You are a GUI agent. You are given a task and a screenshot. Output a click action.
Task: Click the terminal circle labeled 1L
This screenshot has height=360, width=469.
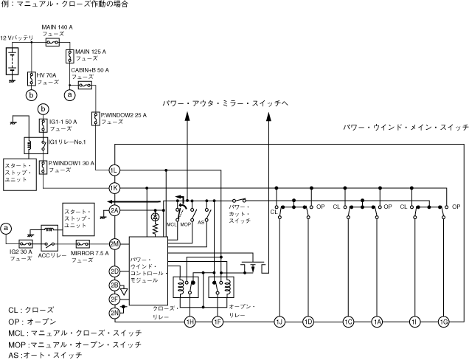pyautogui.click(x=114, y=170)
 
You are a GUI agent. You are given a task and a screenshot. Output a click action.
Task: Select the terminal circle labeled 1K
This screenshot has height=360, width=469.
pyautogui.click(x=114, y=187)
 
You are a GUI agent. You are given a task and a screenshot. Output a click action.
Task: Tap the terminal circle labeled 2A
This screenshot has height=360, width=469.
pyautogui.click(x=114, y=211)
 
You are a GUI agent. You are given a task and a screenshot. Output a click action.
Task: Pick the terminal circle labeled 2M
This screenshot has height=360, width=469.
pyautogui.click(x=114, y=243)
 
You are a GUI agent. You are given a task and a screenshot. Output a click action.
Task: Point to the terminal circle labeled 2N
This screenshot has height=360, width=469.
pyautogui.click(x=114, y=313)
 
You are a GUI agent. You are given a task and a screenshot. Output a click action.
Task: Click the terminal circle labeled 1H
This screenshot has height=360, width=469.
pyautogui.click(x=190, y=321)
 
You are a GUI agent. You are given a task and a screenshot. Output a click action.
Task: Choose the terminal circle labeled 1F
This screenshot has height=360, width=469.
pyautogui.click(x=218, y=321)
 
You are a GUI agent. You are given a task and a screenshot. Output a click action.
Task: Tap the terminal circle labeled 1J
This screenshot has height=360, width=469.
pyautogui.click(x=279, y=321)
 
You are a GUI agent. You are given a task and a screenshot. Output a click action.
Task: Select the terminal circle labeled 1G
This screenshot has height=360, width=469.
pyautogui.click(x=443, y=321)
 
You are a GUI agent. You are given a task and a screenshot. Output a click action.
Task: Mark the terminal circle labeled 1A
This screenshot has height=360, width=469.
pyautogui.click(x=377, y=321)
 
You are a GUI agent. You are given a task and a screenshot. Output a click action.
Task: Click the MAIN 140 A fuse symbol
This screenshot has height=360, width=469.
pyautogui.click(x=52, y=43)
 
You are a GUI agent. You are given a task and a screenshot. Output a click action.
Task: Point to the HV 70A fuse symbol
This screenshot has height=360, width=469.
pyautogui.click(x=31, y=78)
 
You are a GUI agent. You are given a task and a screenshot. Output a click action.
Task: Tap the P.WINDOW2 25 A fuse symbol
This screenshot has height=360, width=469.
pyautogui.click(x=96, y=118)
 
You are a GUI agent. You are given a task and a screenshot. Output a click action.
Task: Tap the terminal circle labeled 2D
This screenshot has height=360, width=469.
pyautogui.click(x=114, y=271)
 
